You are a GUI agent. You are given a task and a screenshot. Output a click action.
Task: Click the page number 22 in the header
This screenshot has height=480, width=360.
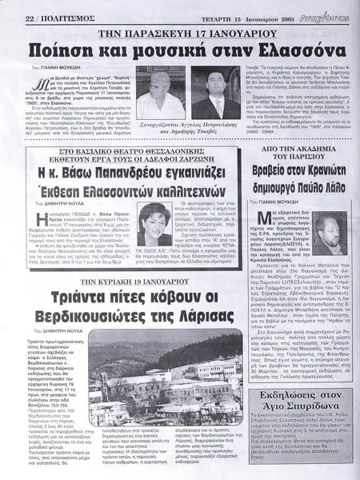pos(10,6)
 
